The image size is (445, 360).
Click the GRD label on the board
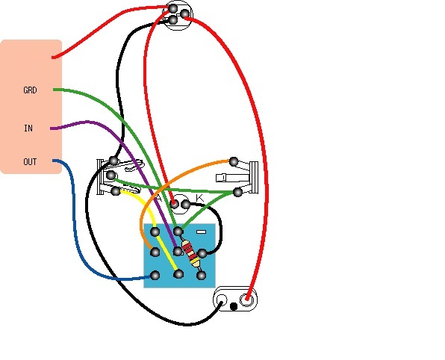click(30, 90)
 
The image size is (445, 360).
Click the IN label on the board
click(28, 128)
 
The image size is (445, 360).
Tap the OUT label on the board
click(30, 162)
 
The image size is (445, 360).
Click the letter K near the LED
click(200, 197)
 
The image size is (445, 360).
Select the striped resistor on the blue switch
click(191, 253)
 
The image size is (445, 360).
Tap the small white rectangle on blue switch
click(201, 232)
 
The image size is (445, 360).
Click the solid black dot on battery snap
click(233, 307)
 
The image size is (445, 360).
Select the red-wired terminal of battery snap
click(246, 300)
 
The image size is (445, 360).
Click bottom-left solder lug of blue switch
click(155, 275)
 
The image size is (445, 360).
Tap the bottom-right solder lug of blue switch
click(201, 275)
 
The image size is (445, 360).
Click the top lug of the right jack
click(234, 161)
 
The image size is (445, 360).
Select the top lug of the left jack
click(113, 161)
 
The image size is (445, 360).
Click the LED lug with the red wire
click(174, 204)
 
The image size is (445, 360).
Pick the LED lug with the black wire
click(186, 204)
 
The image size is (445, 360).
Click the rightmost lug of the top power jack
click(184, 13)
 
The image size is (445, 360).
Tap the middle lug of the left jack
click(111, 175)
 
